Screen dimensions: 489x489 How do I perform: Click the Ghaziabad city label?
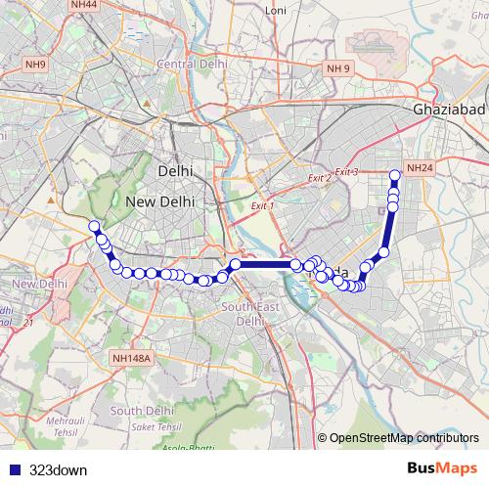tap(445, 111)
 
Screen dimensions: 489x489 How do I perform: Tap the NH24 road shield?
tap(420, 168)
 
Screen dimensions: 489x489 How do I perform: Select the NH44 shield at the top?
tap(84, 6)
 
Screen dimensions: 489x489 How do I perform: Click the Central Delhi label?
tap(192, 64)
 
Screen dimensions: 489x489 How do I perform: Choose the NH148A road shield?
tap(132, 359)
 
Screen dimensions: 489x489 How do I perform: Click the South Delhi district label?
tap(143, 410)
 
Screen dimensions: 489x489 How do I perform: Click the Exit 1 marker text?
tap(262, 207)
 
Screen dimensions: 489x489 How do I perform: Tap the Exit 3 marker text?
tap(347, 172)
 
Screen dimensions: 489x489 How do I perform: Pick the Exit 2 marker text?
tap(319, 179)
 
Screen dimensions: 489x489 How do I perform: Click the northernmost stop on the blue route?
tap(395, 176)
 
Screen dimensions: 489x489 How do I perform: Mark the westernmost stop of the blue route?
tap(94, 227)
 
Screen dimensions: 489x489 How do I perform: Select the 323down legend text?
tap(58, 469)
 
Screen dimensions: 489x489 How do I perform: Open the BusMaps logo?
tap(442, 469)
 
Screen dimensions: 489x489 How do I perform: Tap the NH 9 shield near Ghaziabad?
tap(337, 67)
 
